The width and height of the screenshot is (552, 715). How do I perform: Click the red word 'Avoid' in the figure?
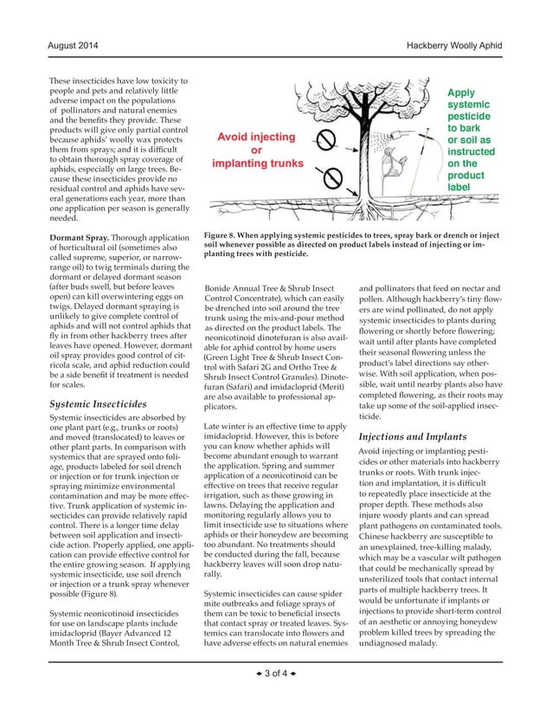(x=238, y=137)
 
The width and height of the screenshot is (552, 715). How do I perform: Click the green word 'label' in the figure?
(x=459, y=186)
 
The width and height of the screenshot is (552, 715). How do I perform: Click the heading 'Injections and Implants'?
(x=412, y=437)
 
